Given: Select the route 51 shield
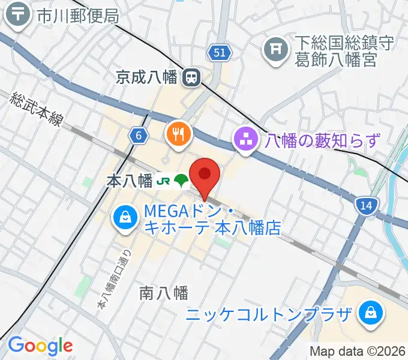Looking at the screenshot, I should [x=220, y=53].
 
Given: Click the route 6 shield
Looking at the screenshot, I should [x=139, y=136].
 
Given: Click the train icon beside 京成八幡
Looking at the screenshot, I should [x=192, y=77].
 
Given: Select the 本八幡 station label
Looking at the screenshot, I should [x=128, y=181].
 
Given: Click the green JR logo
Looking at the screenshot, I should [x=163, y=181].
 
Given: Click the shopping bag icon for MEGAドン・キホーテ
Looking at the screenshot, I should [x=124, y=217].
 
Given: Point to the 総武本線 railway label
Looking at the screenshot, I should [x=37, y=110].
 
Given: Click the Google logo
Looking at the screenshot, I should [x=40, y=346].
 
